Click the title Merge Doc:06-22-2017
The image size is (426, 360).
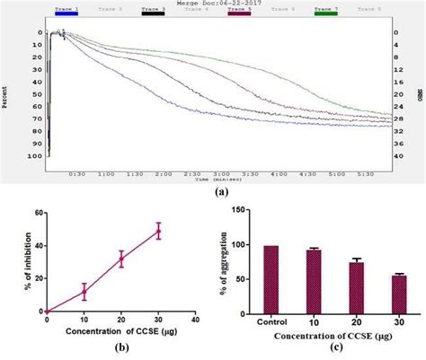point(213,4)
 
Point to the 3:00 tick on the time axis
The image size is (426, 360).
point(220,173)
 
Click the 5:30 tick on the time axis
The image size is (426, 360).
point(364,173)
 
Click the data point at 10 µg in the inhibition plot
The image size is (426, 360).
point(84,291)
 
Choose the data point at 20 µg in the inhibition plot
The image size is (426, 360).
point(121,259)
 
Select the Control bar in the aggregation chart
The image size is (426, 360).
point(271,278)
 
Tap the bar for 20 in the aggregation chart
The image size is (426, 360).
point(356,286)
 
